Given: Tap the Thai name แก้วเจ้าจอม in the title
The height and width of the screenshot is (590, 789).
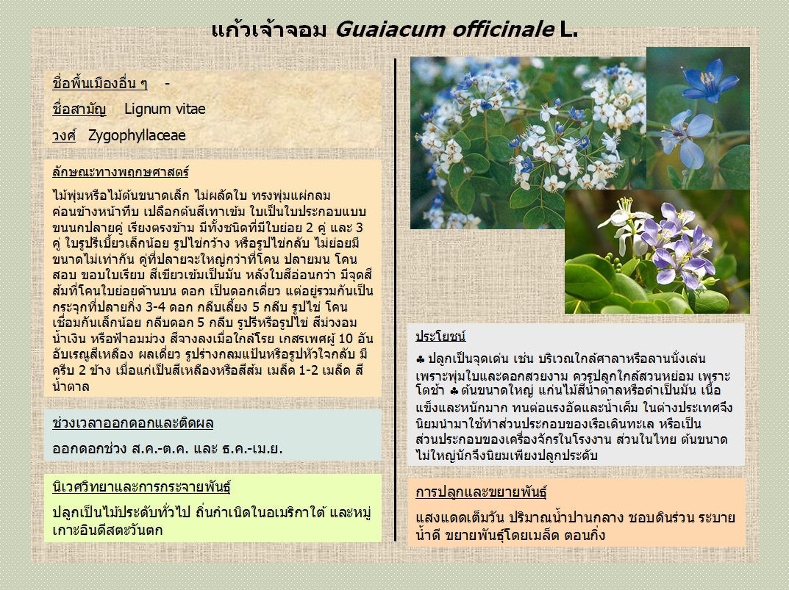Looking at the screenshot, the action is tap(269, 29).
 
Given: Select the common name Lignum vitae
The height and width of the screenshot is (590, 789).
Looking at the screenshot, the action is tap(165, 109).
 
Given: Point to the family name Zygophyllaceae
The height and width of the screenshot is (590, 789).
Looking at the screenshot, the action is tap(137, 135).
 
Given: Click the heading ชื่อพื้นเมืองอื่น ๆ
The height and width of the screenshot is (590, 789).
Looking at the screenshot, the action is tap(100, 83).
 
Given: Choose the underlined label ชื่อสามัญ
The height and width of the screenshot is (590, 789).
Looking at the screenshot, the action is tap(79, 109).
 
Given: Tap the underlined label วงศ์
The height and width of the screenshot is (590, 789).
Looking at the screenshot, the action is tap(64, 135).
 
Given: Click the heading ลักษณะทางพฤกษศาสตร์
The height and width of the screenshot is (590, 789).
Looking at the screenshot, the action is tap(121, 172).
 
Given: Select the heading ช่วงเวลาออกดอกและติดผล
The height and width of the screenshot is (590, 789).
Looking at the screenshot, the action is tap(133, 423).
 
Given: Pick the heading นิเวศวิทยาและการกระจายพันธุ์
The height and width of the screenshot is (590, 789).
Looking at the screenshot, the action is tap(141, 486).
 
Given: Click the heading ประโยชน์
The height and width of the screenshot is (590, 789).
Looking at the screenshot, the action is tap(440, 336).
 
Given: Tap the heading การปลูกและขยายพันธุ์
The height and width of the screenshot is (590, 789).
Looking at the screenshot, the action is tap(481, 492).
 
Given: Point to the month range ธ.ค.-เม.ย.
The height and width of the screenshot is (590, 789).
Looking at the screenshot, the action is tap(252, 448).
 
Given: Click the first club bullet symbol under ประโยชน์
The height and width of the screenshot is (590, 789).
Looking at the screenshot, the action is tap(421, 359).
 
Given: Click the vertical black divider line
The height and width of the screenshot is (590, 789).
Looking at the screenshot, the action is tap(396, 300).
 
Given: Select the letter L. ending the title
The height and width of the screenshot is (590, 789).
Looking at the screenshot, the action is tap(569, 29).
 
